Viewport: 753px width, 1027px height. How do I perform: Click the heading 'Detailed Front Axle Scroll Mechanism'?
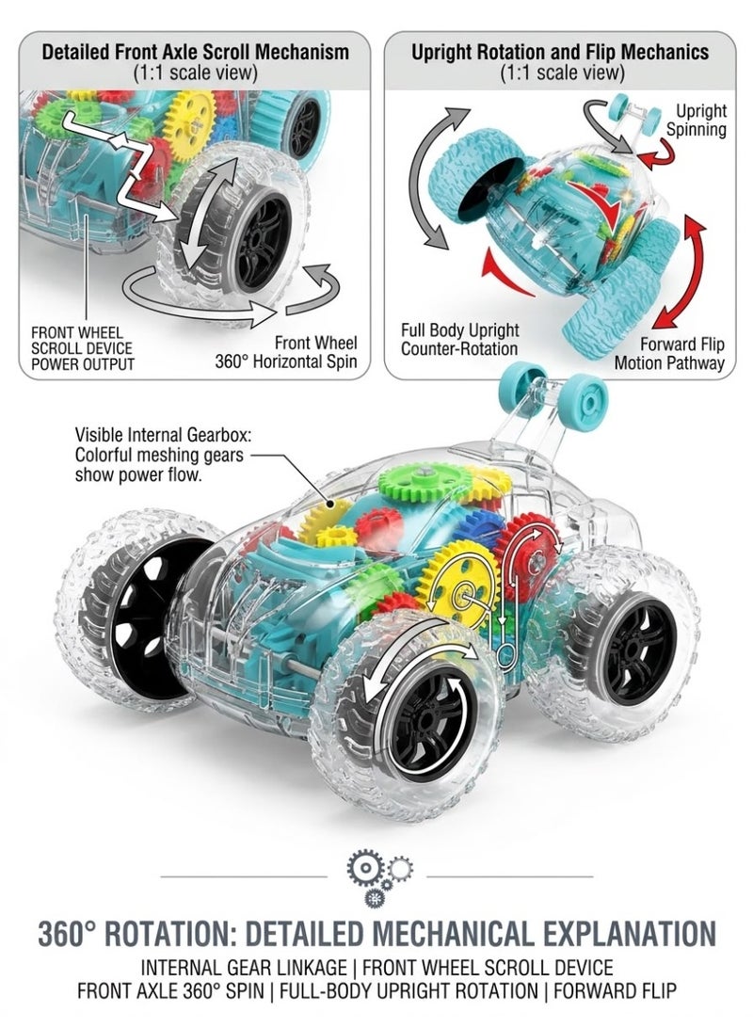click(195, 52)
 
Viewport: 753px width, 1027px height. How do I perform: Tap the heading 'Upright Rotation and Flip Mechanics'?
click(560, 52)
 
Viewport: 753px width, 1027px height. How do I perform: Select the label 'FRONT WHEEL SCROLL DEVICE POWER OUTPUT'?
click(83, 348)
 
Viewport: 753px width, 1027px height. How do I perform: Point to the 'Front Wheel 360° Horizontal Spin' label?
click(286, 352)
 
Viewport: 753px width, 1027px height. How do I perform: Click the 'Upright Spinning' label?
click(696, 120)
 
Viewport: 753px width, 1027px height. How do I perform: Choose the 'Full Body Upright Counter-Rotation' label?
click(459, 339)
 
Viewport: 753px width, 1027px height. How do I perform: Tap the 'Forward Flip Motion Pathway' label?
click(669, 353)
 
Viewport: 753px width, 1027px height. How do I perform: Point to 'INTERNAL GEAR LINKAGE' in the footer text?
click(244, 968)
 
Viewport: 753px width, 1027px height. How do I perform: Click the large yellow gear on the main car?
click(459, 593)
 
